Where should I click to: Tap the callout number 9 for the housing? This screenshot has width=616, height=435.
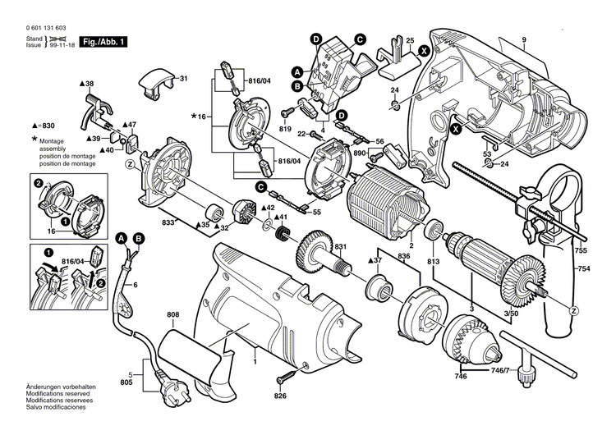point(522,40)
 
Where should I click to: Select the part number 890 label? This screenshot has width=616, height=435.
point(359,153)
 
